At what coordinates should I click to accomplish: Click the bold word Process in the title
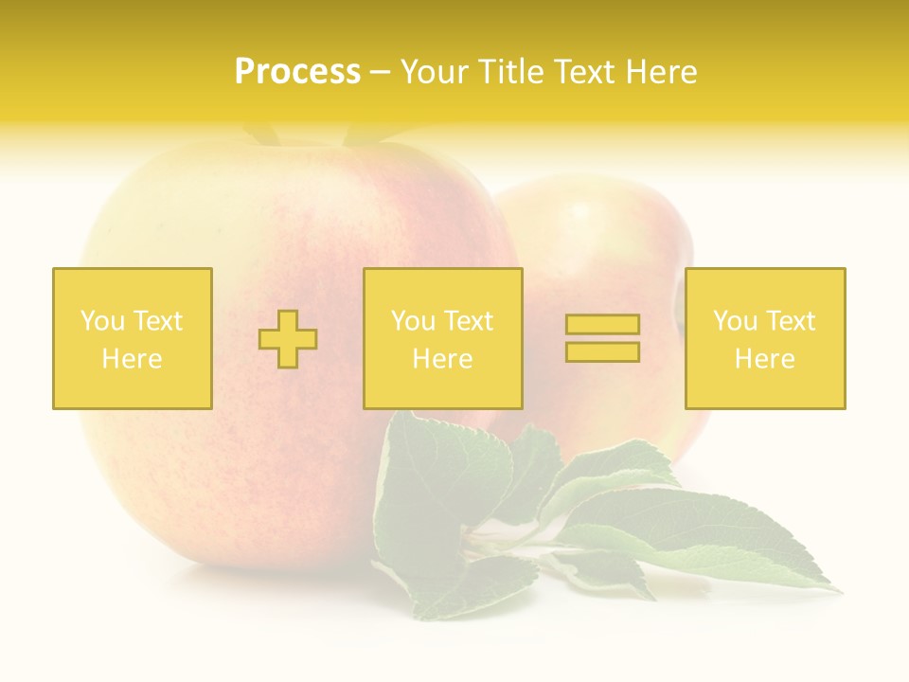point(297,72)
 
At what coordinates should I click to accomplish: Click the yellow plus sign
point(288,339)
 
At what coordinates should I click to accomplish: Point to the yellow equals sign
point(602,338)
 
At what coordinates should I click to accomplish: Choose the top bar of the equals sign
point(602,325)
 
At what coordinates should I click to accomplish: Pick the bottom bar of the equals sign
point(602,351)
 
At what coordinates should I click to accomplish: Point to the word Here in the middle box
point(442,359)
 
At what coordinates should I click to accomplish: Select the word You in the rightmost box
point(735,321)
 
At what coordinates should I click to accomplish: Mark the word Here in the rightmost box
point(765,359)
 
